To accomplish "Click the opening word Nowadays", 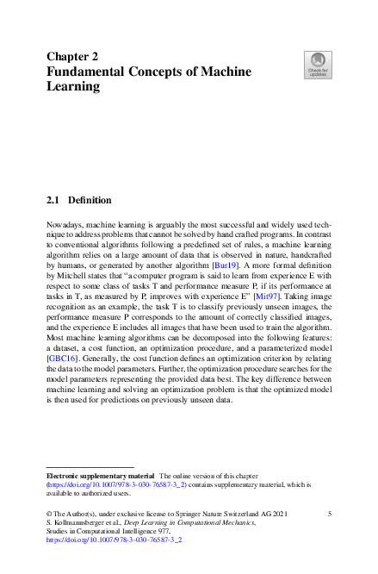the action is (x=65, y=224).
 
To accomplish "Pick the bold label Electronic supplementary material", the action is (x=100, y=475).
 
